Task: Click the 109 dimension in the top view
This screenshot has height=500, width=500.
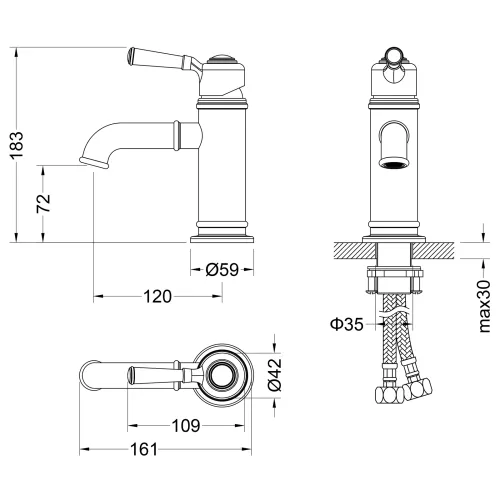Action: pos(187,425)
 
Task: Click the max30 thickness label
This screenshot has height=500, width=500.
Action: pos(484,306)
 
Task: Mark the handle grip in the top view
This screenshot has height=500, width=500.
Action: pos(150,377)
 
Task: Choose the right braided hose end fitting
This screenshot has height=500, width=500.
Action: pos(423,388)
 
